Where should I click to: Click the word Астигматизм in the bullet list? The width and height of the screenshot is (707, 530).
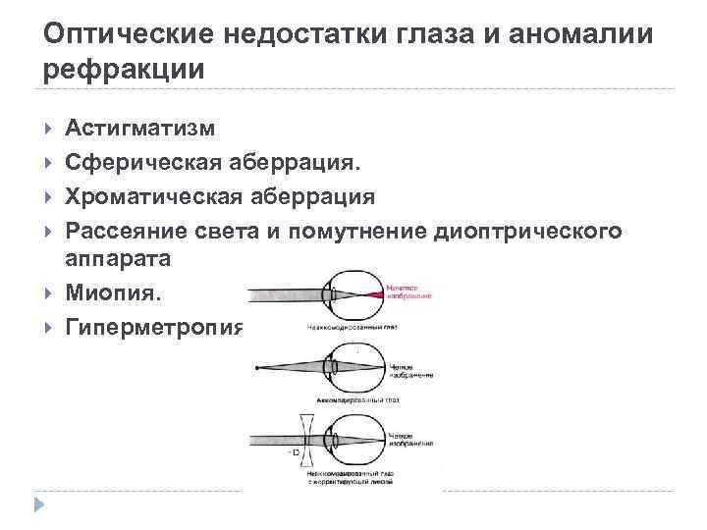pyautogui.click(x=141, y=128)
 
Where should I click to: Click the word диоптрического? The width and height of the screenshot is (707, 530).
pyautogui.click(x=524, y=231)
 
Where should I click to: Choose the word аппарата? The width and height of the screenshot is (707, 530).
pyautogui.click(x=118, y=259)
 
